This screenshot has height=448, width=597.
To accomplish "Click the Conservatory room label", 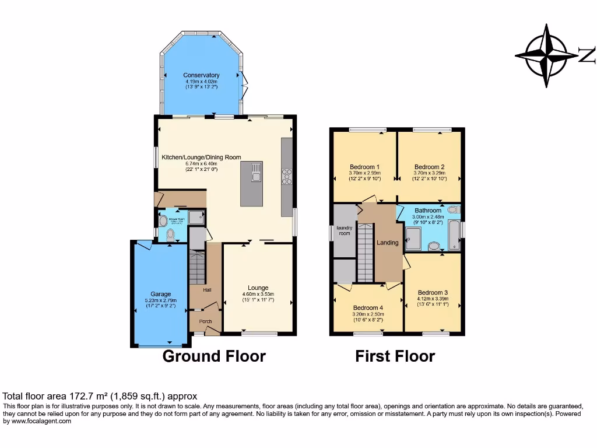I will [201, 75].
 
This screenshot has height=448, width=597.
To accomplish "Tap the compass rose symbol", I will [546, 56].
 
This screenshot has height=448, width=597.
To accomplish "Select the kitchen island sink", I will [255, 173].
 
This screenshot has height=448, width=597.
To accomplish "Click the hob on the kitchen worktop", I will [287, 176].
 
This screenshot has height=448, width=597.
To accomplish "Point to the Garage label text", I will [161, 294].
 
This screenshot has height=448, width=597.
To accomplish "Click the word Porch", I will [206, 321].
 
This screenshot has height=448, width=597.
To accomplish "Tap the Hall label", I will [207, 290].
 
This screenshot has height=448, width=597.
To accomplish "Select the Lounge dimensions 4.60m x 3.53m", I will [258, 294].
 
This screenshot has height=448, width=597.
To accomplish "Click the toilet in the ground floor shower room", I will [170, 235].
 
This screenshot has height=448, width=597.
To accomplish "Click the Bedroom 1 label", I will [365, 166].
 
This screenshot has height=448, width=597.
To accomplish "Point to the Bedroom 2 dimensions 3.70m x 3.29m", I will [430, 173].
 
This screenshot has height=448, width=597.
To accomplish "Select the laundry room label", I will [344, 230].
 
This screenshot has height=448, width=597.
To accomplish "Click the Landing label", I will [388, 243].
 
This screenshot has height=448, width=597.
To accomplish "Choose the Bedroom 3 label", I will [433, 292].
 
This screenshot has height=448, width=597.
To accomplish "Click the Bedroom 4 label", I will [368, 307].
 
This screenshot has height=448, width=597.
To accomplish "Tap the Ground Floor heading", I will [213, 356].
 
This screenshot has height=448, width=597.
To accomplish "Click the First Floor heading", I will [395, 356].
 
